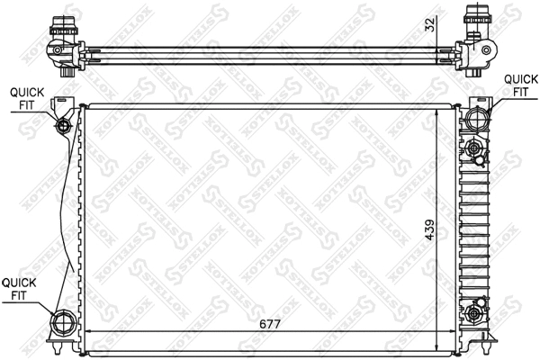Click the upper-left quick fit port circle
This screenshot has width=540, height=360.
(63, 126)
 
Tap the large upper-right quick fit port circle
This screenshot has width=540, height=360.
(476, 117)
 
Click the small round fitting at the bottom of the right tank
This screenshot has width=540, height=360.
(477, 313)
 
